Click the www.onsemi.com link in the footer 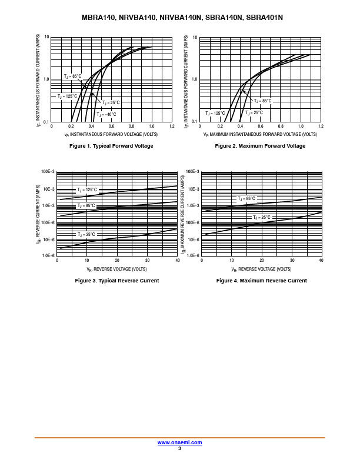click(x=179, y=442)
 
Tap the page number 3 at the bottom click(x=179, y=448)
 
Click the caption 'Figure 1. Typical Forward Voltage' click(x=111, y=146)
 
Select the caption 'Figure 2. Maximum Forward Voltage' click(x=260, y=146)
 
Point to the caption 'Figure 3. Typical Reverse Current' click(x=117, y=281)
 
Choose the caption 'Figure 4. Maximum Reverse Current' click(x=262, y=281)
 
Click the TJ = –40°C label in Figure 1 click(x=106, y=114)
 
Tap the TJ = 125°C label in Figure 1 click(x=67, y=96)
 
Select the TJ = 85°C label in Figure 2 click(x=262, y=101)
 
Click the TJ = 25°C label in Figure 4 click(x=262, y=217)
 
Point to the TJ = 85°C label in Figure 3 click(x=86, y=206)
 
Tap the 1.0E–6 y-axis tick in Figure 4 click(x=194, y=257)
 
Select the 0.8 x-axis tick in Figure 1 click(x=131, y=127)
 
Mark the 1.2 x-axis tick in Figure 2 click(x=320, y=127)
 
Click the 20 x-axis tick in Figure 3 click(x=117, y=261)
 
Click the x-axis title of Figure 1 click(x=111, y=134)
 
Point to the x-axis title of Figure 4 click(x=261, y=269)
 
